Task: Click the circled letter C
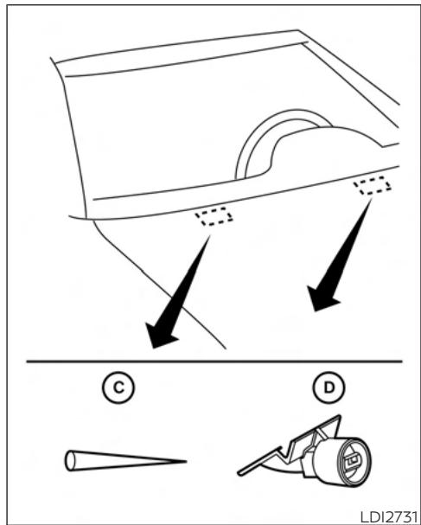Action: tap(118, 387)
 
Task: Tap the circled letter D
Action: tap(329, 387)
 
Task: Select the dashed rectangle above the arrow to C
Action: tap(214, 216)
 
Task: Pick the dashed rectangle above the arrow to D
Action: tap(373, 185)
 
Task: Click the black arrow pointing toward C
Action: tap(177, 292)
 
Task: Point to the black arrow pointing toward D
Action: tap(339, 255)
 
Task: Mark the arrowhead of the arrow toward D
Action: tap(322, 298)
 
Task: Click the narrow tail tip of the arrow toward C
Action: tap(210, 235)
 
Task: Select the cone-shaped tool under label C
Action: tap(125, 461)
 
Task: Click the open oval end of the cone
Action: tap(70, 461)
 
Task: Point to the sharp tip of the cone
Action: tap(186, 461)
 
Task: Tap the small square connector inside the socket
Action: tap(353, 461)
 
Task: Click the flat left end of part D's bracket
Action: tap(240, 473)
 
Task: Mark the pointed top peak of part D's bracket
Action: tap(339, 417)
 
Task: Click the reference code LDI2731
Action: tap(389, 517)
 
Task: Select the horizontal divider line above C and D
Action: tap(214, 362)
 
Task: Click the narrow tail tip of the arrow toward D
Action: tap(371, 199)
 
